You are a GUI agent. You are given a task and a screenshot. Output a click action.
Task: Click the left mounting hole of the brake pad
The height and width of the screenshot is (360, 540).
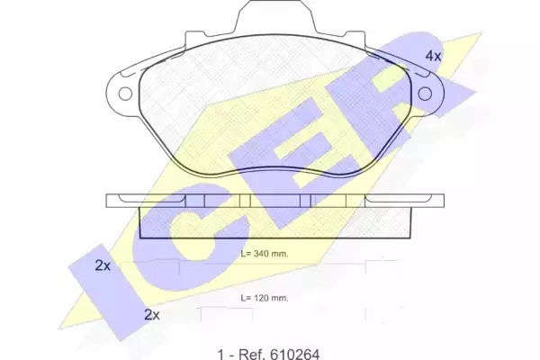pyautogui.click(x=125, y=94)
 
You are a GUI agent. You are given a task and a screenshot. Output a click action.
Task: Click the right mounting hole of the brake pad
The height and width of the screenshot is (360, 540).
pyautogui.click(x=425, y=94)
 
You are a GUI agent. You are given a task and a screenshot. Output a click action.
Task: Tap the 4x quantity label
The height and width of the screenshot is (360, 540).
pyautogui.click(x=433, y=56)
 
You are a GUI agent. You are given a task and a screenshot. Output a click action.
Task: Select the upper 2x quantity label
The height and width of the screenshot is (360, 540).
pyautogui.click(x=103, y=265)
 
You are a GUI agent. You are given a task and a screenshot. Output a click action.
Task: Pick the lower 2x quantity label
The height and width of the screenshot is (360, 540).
pyautogui.click(x=152, y=314)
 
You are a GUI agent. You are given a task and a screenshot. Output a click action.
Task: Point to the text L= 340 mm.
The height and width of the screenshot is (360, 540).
pyautogui.click(x=265, y=254)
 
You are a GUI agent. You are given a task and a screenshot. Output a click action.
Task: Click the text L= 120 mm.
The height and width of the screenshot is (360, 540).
pyautogui.click(x=265, y=298)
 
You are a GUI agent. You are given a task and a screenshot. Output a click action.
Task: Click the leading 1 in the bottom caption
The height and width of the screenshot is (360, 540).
pyautogui.click(x=220, y=354)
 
